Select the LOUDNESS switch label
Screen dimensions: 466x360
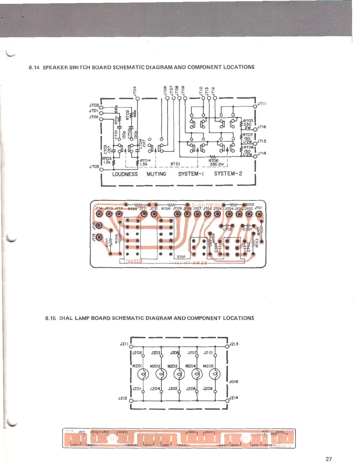tap(125, 174)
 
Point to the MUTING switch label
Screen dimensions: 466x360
tap(156, 174)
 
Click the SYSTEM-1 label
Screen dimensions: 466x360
tap(191, 174)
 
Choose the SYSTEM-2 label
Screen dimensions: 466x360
tap(228, 174)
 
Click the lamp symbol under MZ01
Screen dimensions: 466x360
tap(143, 375)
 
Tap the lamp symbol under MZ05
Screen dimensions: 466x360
tap(215, 375)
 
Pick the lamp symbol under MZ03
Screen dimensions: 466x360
tap(179, 375)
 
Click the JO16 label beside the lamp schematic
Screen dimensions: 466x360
tap(234, 382)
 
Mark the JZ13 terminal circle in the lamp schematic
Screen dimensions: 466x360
tap(227, 346)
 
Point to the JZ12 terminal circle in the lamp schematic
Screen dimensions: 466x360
tap(131, 401)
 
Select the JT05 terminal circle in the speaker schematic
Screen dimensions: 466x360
tap(101, 169)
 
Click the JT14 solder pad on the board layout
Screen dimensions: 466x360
tap(99, 214)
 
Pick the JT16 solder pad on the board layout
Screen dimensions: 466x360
tap(99, 237)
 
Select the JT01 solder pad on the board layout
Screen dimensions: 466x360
tap(259, 214)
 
